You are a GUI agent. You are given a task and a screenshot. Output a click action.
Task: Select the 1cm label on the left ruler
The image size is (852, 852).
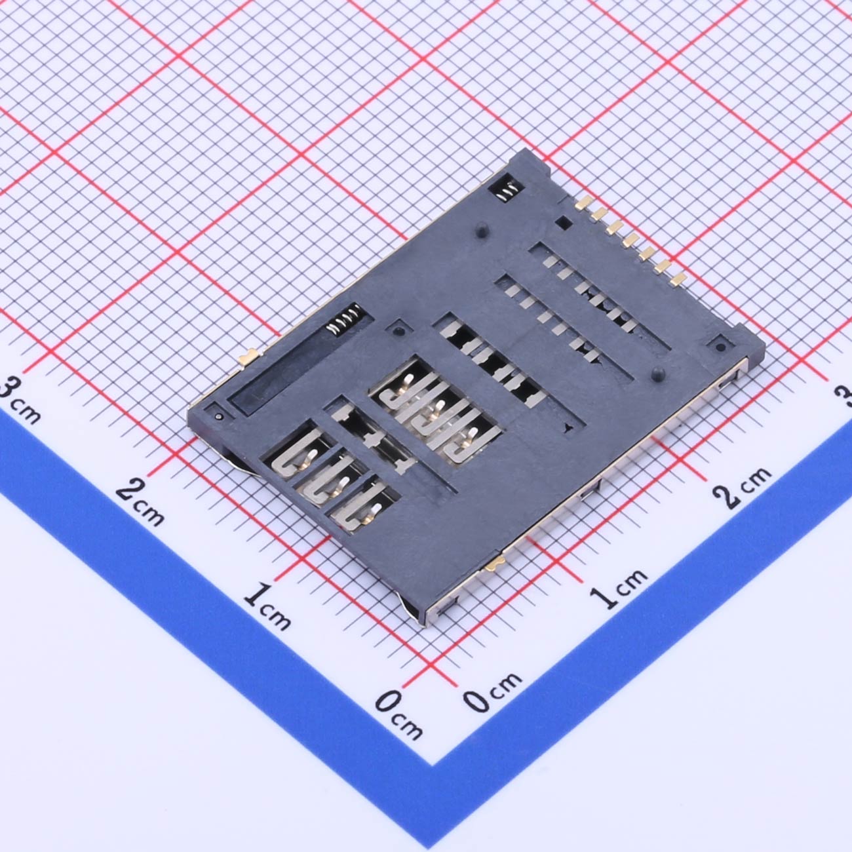point(267,606)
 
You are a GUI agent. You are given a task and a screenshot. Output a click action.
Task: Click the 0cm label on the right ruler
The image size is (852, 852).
point(492,692)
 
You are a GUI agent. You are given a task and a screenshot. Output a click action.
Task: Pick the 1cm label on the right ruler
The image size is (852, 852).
point(619,588)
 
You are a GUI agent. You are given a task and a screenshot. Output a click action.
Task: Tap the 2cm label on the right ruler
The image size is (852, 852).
point(743,486)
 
